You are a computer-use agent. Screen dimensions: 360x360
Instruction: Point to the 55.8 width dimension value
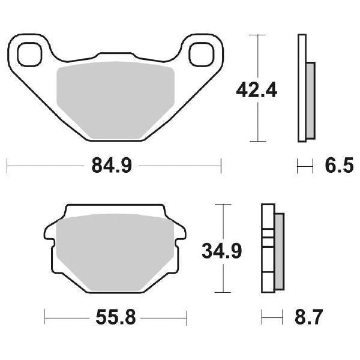tap(115, 316)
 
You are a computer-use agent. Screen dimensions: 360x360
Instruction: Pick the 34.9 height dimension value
tap(221, 251)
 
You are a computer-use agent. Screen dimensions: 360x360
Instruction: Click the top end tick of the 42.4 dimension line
tap(257, 35)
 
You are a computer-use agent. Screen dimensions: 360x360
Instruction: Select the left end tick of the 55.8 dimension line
tap(45, 316)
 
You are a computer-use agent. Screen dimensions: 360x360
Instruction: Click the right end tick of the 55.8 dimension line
tap(186, 316)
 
